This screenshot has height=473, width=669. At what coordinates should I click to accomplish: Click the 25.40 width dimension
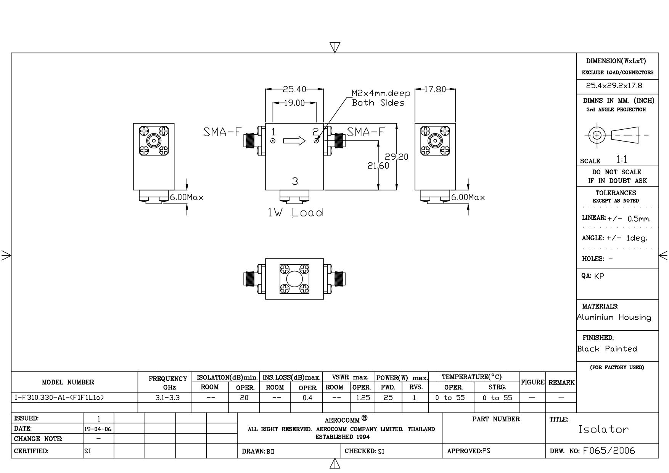pos(294,89)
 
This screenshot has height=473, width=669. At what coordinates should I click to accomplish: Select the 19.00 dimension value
pos(294,103)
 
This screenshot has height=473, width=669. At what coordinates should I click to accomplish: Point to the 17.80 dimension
pos(435,89)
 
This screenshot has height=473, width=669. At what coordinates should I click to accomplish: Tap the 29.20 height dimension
pos(396,157)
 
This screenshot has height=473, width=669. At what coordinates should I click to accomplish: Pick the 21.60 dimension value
pos(378,166)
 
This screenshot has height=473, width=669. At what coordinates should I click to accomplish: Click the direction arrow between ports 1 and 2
pos(294,141)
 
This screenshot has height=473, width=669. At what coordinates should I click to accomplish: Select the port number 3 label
pos(295,182)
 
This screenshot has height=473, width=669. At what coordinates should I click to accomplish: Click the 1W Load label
pos(295,212)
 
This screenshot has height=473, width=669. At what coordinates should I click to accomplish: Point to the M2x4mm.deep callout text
pos(381,93)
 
